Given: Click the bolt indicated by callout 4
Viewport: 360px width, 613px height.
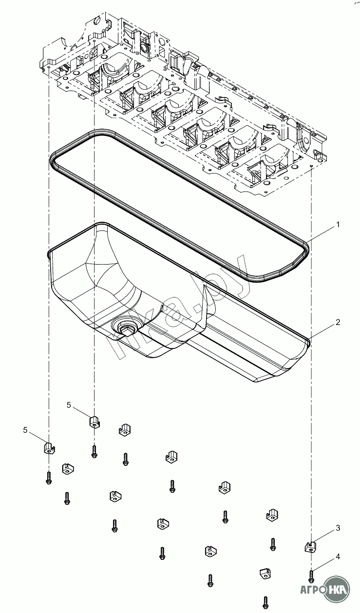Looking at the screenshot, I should (311, 575).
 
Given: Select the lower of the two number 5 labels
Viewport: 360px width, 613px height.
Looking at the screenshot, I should (26, 429).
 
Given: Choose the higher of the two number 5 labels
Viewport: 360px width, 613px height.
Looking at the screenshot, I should (69, 405).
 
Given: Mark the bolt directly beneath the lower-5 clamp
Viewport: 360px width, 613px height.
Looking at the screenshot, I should (48, 478).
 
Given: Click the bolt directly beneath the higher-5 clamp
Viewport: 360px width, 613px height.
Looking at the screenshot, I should (94, 452).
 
